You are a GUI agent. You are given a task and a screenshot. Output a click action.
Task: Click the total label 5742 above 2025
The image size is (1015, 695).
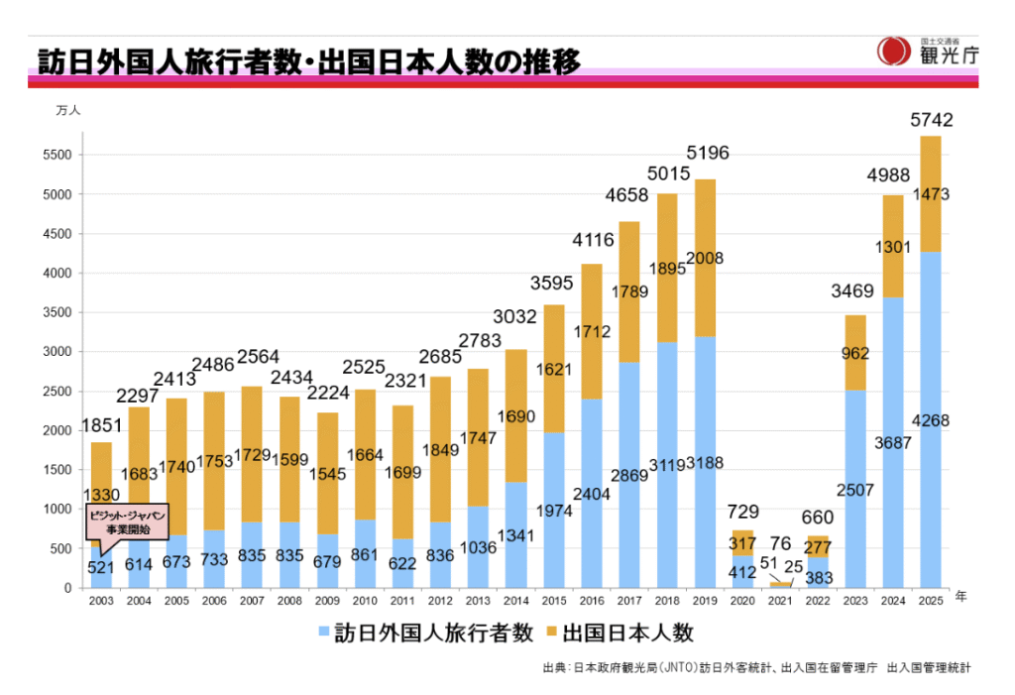click(931, 121)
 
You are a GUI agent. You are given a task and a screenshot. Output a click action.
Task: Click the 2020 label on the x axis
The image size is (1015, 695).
click(741, 601)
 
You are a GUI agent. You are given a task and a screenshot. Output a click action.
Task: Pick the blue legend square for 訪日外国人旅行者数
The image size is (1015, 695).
click(323, 632)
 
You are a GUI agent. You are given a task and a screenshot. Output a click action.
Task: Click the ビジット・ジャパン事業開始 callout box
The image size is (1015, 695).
click(125, 522)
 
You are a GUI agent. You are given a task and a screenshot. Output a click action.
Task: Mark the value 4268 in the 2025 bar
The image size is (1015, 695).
click(931, 421)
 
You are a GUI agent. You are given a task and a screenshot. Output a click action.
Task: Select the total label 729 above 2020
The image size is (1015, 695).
click(742, 513)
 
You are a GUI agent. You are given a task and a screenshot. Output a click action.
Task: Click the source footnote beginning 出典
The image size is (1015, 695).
click(756, 668)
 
